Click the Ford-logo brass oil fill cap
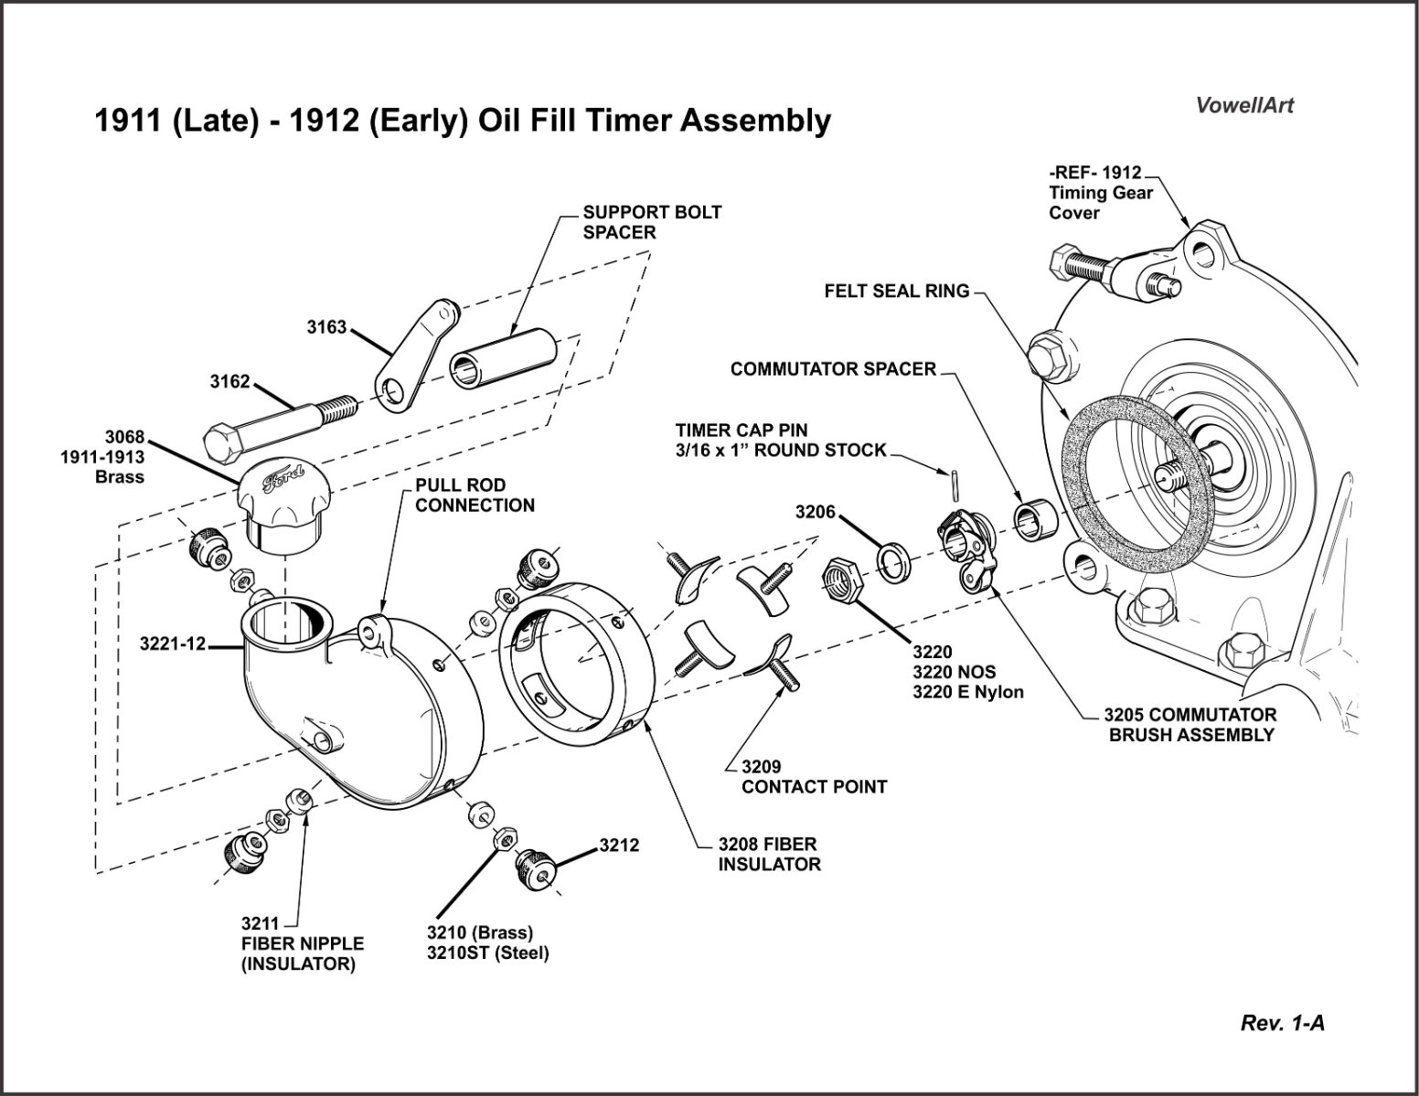coord(284,503)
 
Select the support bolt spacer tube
coord(503,358)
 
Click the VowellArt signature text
coord(1244,105)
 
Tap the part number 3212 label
coord(619,846)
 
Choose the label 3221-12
coord(173,644)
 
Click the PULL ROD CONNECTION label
coord(475,495)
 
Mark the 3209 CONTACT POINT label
coord(814,776)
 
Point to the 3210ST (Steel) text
coord(488,953)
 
